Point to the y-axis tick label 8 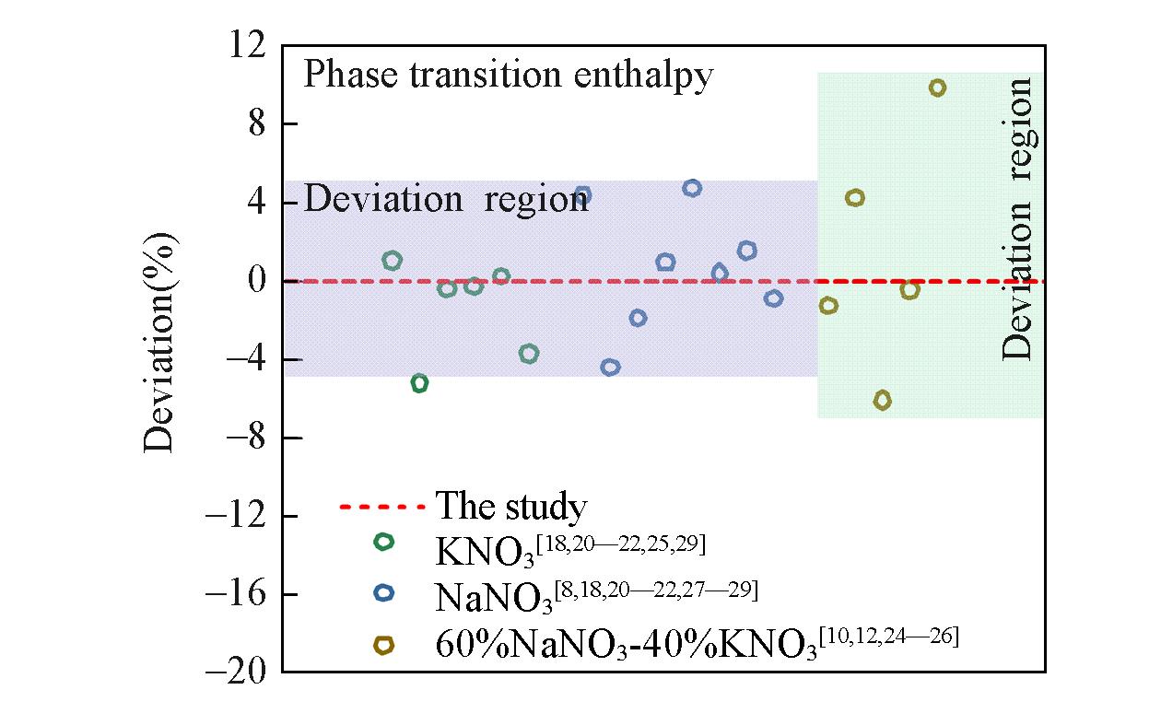coord(258,123)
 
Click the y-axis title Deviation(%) coord(158,342)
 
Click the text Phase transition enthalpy coord(508,75)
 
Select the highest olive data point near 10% coord(937,88)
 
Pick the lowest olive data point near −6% coord(882,400)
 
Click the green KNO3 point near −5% coord(419,383)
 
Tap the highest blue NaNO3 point coord(692,188)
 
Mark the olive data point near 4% coord(855,198)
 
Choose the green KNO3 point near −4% coord(529,354)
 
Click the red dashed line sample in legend coord(382,507)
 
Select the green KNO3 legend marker coord(383,543)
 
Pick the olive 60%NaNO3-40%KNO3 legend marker coord(383,646)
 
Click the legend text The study coord(510,507)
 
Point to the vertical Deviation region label coord(1018,218)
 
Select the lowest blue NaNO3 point coord(610,367)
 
